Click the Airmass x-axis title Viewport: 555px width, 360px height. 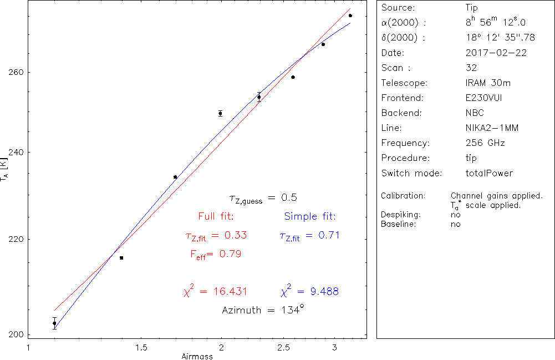coord(197,356)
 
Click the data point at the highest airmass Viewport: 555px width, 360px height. coord(350,16)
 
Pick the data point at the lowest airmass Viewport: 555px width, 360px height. coord(54,323)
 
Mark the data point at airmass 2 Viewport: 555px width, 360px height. coord(221,113)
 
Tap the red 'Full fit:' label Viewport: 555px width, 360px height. coord(216,216)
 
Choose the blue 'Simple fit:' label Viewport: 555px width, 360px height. coord(310,216)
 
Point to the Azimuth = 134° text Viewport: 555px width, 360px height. coord(263,310)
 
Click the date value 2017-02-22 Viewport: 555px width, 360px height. coord(496,53)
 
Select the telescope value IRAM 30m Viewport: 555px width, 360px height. coord(488,83)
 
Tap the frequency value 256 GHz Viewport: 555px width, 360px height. coord(485,143)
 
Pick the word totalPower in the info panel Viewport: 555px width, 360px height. coord(489,173)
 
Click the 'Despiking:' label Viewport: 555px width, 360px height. coord(401,215)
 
